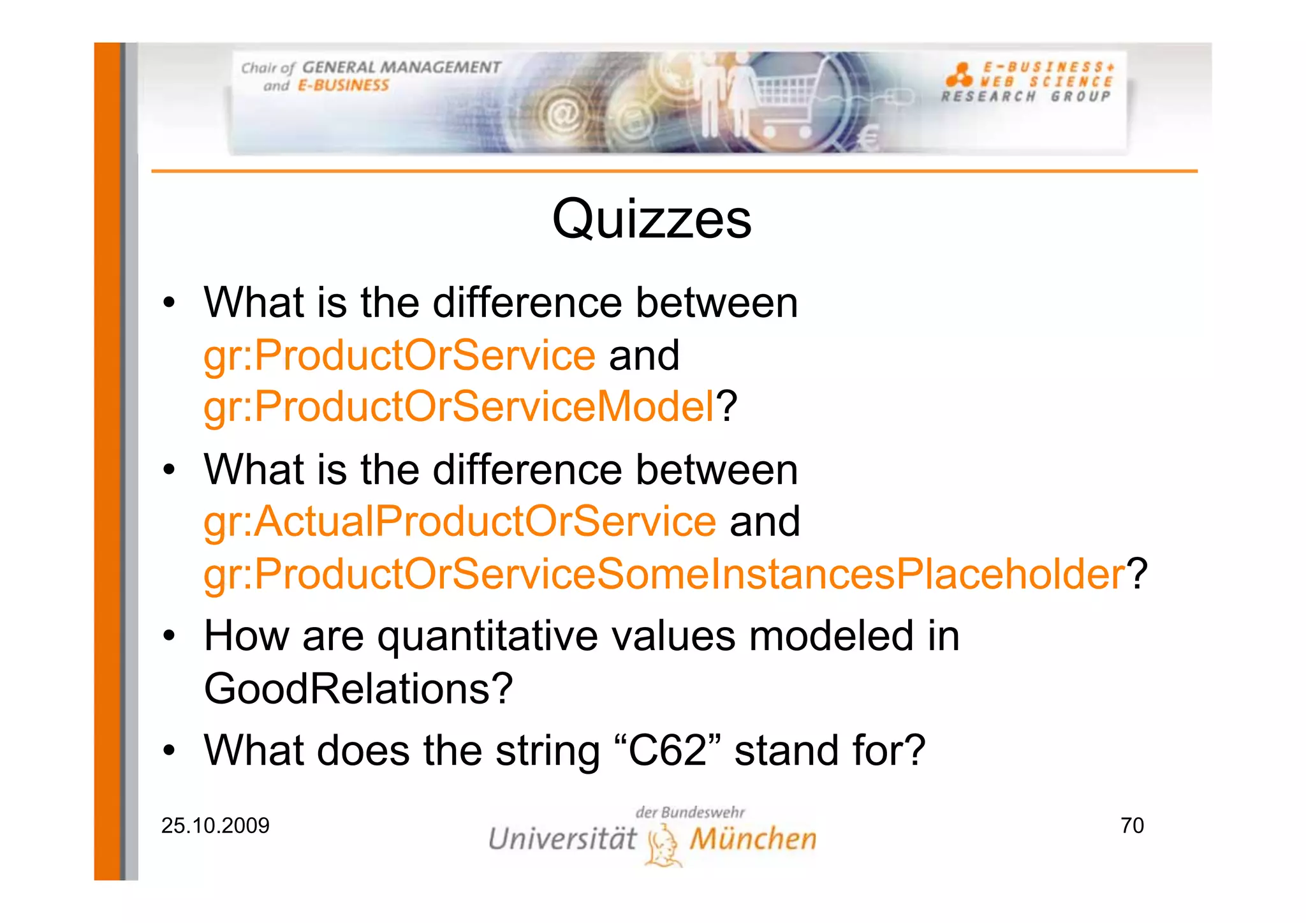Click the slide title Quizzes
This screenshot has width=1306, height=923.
[651, 219]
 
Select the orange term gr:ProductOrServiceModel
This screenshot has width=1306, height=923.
[459, 406]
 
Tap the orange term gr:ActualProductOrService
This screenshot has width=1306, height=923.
[460, 521]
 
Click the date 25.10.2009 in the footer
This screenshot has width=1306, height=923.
[215, 825]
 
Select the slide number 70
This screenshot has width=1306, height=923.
[1132, 825]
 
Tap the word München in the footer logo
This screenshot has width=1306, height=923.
[753, 839]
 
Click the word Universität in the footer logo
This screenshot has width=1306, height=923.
[562, 839]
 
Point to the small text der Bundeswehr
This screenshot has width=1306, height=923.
[689, 812]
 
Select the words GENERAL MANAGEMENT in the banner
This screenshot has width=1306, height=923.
[401, 67]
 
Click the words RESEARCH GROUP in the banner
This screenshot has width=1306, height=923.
[1025, 97]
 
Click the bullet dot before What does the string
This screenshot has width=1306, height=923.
[168, 750]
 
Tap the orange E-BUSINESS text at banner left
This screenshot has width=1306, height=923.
[343, 85]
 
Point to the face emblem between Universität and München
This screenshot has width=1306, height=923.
[663, 844]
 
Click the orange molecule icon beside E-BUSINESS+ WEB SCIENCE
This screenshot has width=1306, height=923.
[958, 75]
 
